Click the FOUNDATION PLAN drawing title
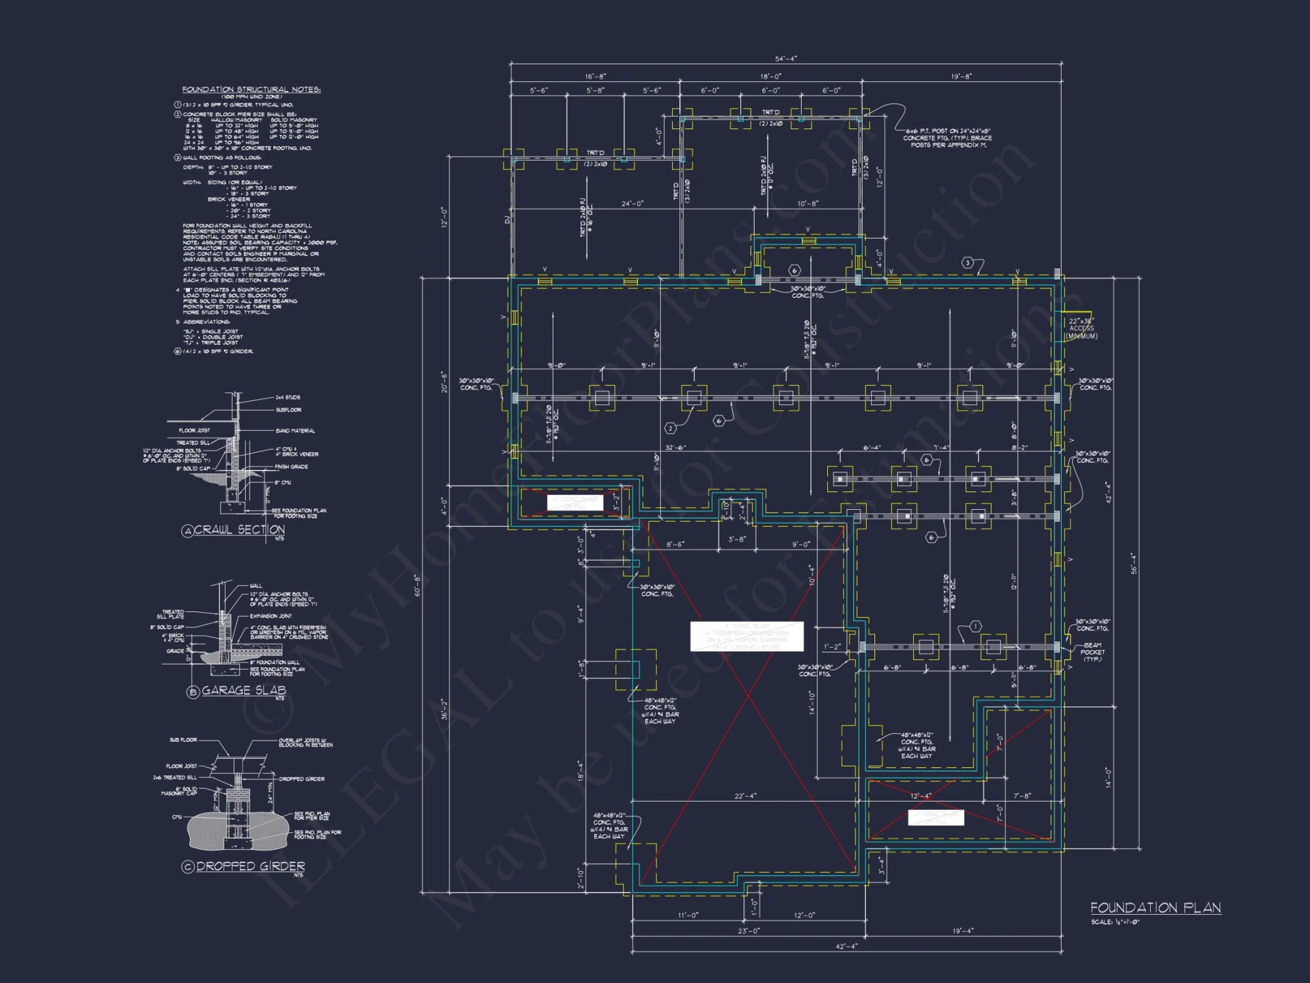coord(1155,908)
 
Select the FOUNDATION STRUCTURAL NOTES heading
coord(251,89)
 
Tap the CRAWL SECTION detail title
coord(239,530)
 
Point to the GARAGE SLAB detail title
coord(244,690)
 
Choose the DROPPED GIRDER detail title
coord(250,866)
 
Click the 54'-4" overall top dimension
coord(786,59)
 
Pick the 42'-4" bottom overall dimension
coord(846,946)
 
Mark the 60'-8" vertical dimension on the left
coord(417,585)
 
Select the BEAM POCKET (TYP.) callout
coord(1092,652)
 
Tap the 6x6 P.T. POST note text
coord(947,138)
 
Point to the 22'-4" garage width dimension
coord(745,796)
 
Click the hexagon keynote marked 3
coord(968,263)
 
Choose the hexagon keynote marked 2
coord(670,429)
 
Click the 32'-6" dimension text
coord(675,448)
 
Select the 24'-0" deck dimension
coord(632,204)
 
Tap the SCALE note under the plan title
coord(1115,922)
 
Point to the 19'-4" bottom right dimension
coord(963,931)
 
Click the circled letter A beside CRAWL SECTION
coord(188,531)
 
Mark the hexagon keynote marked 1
coord(975,626)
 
